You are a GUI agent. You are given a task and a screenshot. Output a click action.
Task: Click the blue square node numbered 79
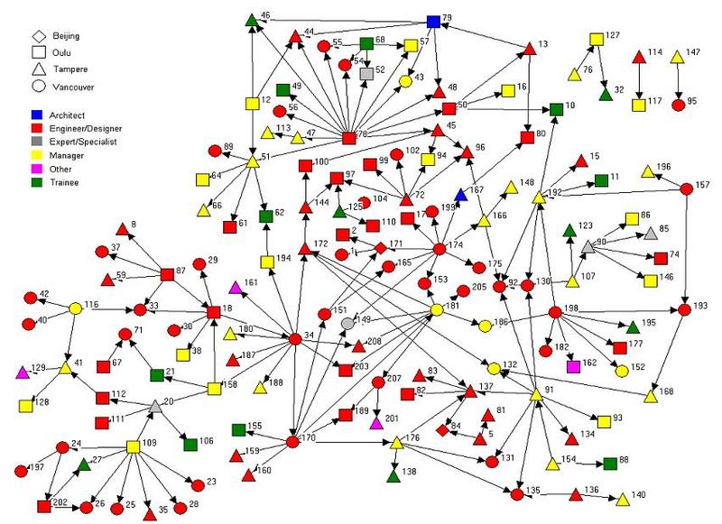pos(433,22)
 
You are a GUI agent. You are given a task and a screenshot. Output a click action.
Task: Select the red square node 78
pos(349,138)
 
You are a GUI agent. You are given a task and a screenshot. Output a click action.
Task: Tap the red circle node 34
pos(293,339)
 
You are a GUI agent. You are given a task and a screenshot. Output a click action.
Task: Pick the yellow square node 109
pos(134,446)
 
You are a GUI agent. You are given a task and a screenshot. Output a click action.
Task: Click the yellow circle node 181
pos(436,309)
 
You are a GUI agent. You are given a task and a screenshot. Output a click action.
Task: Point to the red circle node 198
pos(554,313)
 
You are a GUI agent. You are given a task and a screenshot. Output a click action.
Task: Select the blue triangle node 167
pos(461,195)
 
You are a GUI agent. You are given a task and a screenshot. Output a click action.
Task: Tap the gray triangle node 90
pos(588,245)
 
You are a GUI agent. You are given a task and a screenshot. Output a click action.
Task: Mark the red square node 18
pos(214,311)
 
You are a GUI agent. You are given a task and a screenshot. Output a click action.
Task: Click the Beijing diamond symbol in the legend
pos(40,36)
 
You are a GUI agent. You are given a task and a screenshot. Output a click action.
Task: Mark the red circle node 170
pos(292,442)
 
